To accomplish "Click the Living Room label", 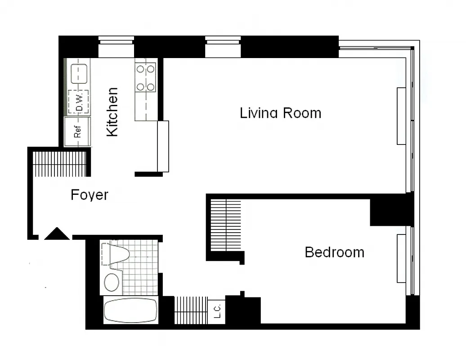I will click(x=280, y=112).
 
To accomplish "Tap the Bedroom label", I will click(x=334, y=252).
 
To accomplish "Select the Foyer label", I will click(x=90, y=195).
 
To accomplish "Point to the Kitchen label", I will click(x=112, y=112).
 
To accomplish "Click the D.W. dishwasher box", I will click(x=78, y=102).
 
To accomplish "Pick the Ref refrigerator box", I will click(x=77, y=132).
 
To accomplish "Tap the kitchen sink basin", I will click(x=79, y=73).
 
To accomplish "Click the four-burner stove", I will click(x=146, y=77).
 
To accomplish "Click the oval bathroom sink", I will click(x=112, y=283).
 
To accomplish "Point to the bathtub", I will click(x=130, y=310).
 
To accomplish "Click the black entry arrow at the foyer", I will click(x=57, y=234).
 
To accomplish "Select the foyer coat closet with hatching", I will click(x=59, y=164).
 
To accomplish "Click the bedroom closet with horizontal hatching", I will click(x=226, y=225).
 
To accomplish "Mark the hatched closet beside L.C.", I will click(x=190, y=310).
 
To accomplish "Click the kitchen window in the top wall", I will click(x=116, y=47).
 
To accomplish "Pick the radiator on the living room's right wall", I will click(x=401, y=116).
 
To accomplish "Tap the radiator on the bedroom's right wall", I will click(x=401, y=258).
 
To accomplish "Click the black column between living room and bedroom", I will click(x=390, y=211).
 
